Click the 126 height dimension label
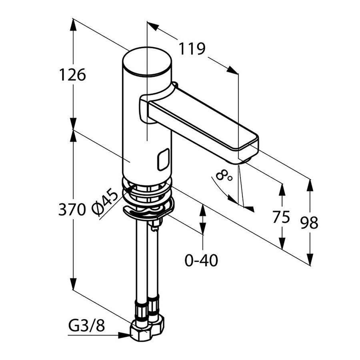click(x=72, y=74)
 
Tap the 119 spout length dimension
click(x=192, y=49)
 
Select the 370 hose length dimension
click(x=72, y=209)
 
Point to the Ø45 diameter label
click(x=105, y=202)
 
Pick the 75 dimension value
click(x=281, y=217)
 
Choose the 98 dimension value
click(x=310, y=222)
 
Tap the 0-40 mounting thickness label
click(x=201, y=260)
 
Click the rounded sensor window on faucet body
click(x=164, y=160)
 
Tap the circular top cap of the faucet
click(x=147, y=61)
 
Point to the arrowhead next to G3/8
click(x=124, y=335)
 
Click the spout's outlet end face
click(x=249, y=151)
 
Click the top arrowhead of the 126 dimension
click(x=73, y=25)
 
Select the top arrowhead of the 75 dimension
click(x=282, y=190)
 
